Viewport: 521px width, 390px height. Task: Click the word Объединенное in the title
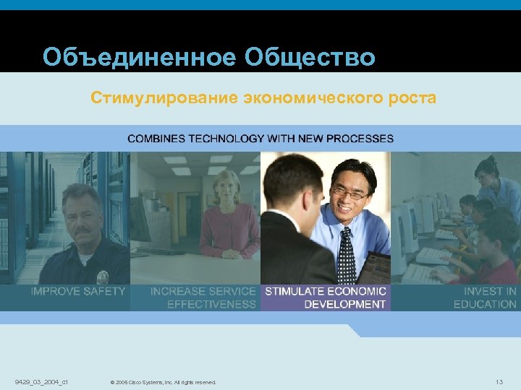[x=138, y=57]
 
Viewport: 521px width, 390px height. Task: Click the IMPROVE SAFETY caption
[x=78, y=291]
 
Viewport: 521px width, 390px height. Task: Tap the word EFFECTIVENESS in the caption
[x=211, y=304]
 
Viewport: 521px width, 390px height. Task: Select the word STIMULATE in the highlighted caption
[x=297, y=291]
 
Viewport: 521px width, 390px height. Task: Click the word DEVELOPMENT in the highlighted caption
[x=344, y=304]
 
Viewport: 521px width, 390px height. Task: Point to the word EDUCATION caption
[x=485, y=304]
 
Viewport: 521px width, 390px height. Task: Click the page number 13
[x=499, y=381]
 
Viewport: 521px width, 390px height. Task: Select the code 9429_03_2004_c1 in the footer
[x=41, y=381]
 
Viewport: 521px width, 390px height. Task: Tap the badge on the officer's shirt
[x=103, y=276]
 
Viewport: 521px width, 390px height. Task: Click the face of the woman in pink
[x=226, y=189]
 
